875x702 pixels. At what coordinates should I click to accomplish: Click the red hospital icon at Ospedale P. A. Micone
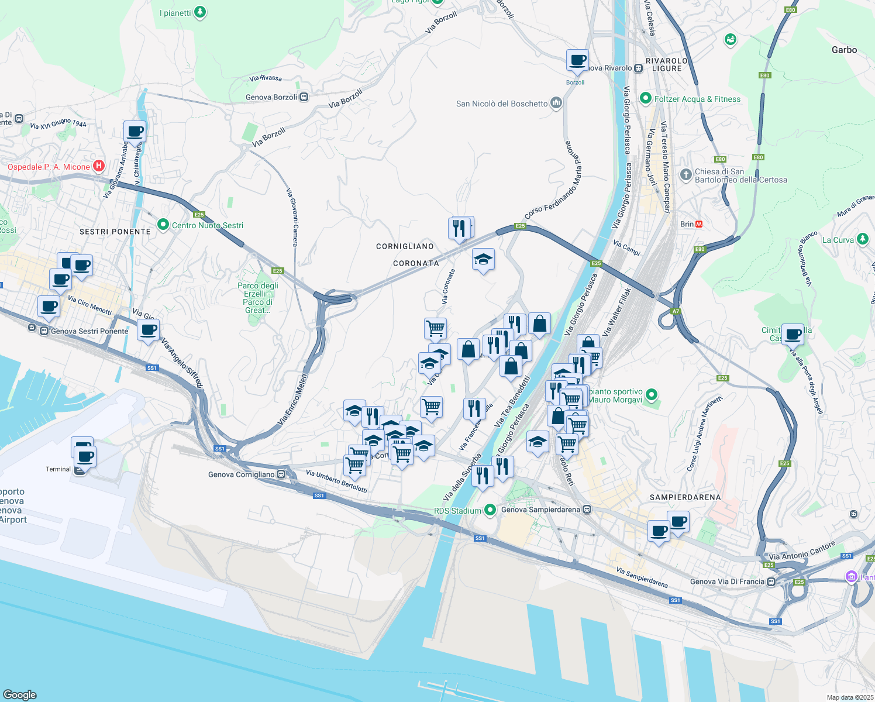(99, 166)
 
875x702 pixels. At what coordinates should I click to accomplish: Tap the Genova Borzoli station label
(271, 97)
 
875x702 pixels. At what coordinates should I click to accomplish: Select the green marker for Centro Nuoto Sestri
(163, 225)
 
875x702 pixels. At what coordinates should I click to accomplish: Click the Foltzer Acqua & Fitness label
(697, 99)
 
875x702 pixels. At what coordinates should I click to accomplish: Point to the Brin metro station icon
(699, 224)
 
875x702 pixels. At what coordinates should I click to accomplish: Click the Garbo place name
(844, 50)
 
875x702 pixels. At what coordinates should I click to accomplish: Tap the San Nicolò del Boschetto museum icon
(556, 104)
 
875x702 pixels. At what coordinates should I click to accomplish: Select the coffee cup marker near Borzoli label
(577, 60)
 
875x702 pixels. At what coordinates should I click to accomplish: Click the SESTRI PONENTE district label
(115, 232)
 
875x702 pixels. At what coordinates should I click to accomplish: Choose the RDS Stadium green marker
(490, 510)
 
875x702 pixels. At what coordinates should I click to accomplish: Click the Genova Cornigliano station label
(242, 474)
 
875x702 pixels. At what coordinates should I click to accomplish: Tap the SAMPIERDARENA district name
(685, 497)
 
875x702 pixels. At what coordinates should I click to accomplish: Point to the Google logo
(20, 694)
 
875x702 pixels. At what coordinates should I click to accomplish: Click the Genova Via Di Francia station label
(727, 581)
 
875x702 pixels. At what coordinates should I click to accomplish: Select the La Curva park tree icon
(862, 239)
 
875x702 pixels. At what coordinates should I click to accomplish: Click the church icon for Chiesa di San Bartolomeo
(685, 175)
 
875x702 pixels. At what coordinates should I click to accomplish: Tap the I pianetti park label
(175, 13)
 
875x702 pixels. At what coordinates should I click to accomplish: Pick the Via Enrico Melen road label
(292, 400)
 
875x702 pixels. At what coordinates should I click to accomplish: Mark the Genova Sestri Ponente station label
(89, 331)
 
